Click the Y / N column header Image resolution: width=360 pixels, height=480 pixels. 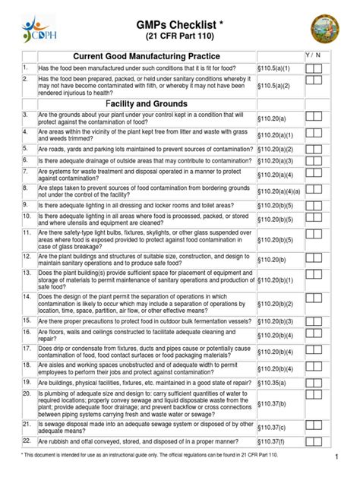tap(314, 55)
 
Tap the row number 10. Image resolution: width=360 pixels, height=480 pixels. tap(25, 216)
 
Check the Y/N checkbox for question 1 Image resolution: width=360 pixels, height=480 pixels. tap(314, 69)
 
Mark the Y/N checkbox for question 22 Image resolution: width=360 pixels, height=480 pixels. tap(314, 441)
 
